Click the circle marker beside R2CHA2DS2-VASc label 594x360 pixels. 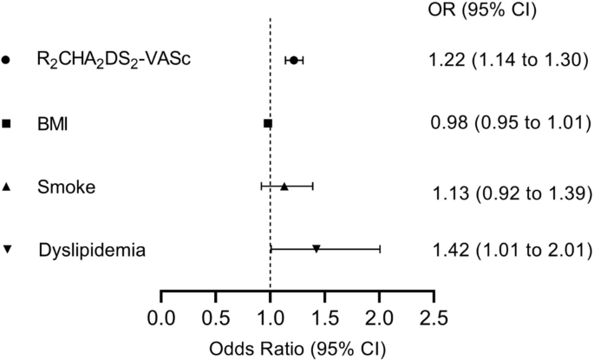pyautogui.click(x=7, y=60)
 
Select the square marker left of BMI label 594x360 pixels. pyautogui.click(x=7, y=124)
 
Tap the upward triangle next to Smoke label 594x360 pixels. pyautogui.click(x=7, y=187)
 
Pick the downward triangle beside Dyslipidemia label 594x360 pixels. pyautogui.click(x=7, y=250)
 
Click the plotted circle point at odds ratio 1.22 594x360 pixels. pyautogui.click(x=294, y=60)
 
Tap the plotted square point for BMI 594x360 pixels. pyautogui.click(x=268, y=124)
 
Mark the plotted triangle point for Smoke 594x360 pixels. pyautogui.click(x=284, y=186)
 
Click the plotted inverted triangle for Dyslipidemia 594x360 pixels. pyautogui.click(x=317, y=249)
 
